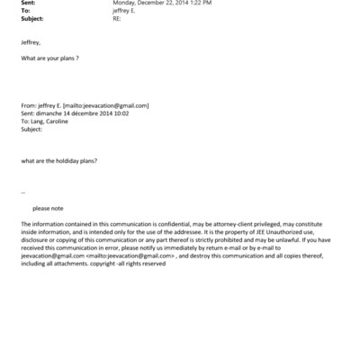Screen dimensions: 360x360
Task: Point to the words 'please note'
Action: click(x=48, y=208)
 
